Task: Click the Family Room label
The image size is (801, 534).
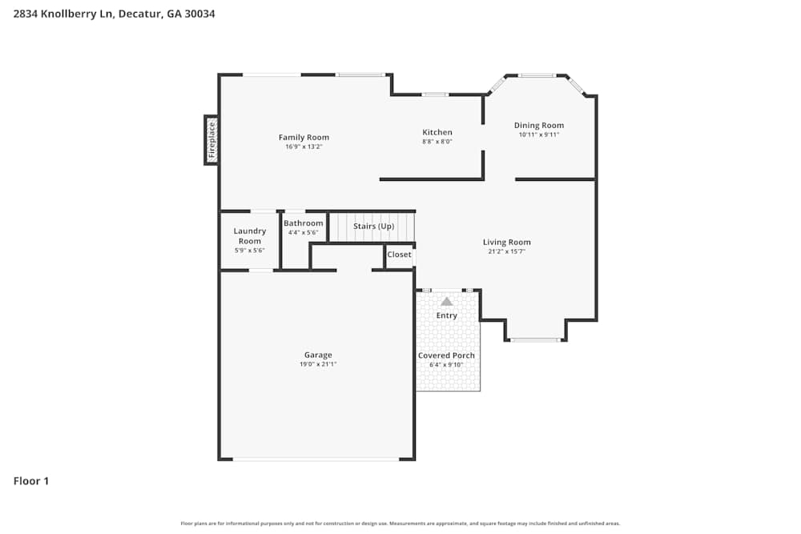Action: click(304, 137)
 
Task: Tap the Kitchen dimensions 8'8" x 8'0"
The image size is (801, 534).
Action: click(437, 142)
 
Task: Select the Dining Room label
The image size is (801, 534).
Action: click(539, 125)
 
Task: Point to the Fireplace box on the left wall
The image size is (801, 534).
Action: click(211, 140)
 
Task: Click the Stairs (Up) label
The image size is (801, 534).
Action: click(374, 227)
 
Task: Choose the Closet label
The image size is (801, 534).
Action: click(399, 255)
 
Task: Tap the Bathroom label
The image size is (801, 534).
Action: click(304, 223)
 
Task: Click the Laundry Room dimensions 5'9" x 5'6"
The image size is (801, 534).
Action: click(250, 251)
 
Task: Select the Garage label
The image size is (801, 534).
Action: click(318, 355)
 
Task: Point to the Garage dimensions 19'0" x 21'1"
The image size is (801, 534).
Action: click(318, 364)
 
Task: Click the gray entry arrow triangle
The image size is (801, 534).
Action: click(447, 302)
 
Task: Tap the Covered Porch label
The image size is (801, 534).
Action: click(446, 355)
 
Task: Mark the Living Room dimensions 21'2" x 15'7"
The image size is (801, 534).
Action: click(507, 251)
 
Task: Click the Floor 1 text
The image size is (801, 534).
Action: click(31, 481)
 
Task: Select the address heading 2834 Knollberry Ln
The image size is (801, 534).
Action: click(114, 14)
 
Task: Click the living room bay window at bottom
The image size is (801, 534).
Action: click(535, 340)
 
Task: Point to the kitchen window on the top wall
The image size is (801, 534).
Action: click(435, 94)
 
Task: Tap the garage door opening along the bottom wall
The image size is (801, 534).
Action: click(316, 459)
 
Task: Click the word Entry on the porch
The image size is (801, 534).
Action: click(447, 315)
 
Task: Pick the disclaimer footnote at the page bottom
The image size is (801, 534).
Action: click(400, 524)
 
